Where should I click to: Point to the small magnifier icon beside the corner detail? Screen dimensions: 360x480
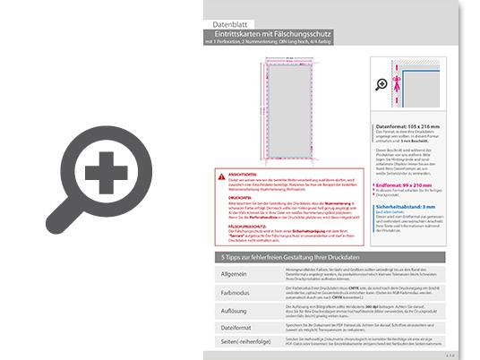coord(382,84)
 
